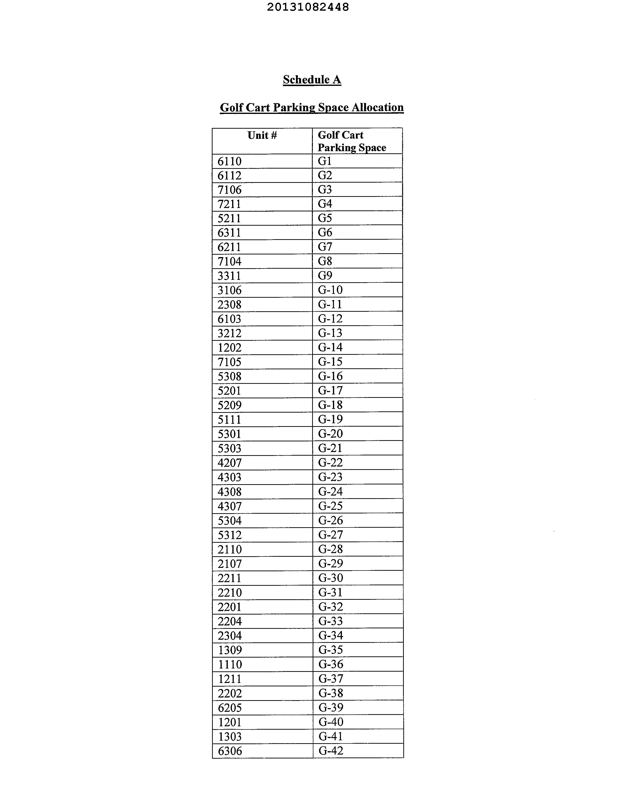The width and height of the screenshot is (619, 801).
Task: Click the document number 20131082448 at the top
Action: pyautogui.click(x=308, y=7)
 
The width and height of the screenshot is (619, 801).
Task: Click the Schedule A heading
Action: pyautogui.click(x=312, y=80)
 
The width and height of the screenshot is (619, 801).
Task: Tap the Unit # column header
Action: pyautogui.click(x=262, y=136)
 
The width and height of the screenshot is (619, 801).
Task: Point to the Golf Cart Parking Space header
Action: pyautogui.click(x=351, y=141)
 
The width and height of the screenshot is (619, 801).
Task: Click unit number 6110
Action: pyautogui.click(x=229, y=161)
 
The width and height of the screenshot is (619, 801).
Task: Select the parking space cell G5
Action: pyautogui.click(x=325, y=218)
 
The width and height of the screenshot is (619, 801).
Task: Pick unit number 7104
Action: pyautogui.click(x=229, y=261)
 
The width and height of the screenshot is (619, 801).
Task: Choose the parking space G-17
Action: pyautogui.click(x=330, y=391)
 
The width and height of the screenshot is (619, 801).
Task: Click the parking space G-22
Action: pyautogui.click(x=330, y=462)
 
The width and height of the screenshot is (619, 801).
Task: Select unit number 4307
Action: pyautogui.click(x=229, y=506)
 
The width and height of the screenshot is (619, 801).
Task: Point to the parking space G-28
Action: pyautogui.click(x=330, y=549)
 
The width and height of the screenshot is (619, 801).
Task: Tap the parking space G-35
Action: pyautogui.click(x=330, y=650)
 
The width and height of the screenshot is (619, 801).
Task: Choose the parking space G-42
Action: pyautogui.click(x=331, y=751)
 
